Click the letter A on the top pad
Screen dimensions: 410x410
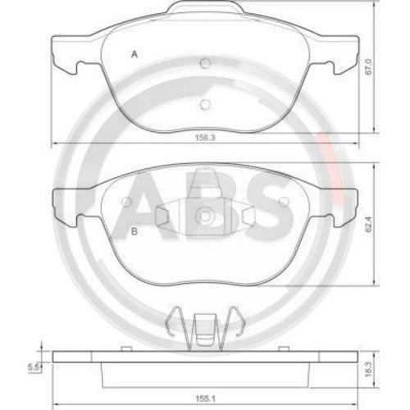pyautogui.click(x=134, y=54)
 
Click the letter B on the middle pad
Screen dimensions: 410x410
pyautogui.click(x=134, y=231)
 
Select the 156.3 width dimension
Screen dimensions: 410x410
pyautogui.click(x=205, y=138)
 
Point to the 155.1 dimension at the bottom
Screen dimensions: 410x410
pyautogui.click(x=206, y=399)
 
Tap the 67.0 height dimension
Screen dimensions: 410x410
pyautogui.click(x=369, y=66)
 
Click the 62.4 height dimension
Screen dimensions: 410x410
pyautogui.click(x=369, y=225)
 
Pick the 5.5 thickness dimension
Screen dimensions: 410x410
pyautogui.click(x=34, y=367)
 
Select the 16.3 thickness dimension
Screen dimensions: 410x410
pyautogui.click(x=369, y=369)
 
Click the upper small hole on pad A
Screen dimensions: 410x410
pyautogui.click(x=205, y=64)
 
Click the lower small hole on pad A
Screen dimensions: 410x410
pyautogui.click(x=205, y=105)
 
